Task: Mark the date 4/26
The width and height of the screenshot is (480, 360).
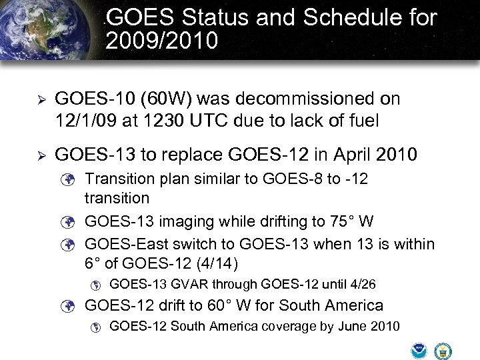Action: coord(363,285)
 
